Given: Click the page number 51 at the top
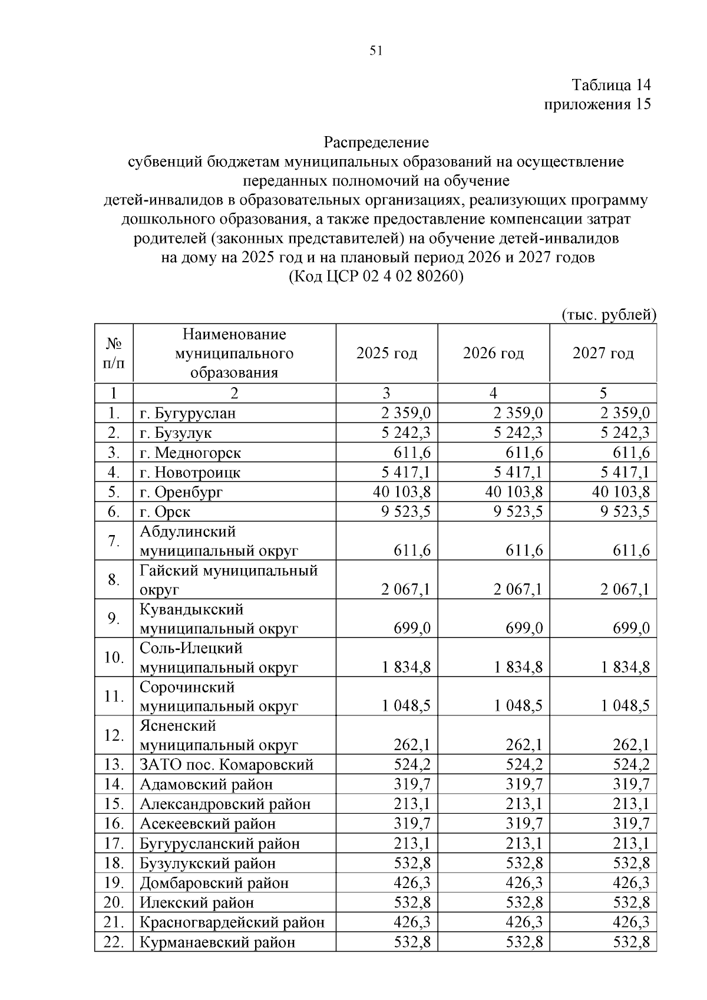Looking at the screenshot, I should [376, 51].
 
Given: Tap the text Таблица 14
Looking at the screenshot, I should [612, 85].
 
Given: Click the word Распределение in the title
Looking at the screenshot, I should [376, 142].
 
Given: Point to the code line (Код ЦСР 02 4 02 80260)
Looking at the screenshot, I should [376, 276].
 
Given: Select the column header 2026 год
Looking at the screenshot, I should [493, 353].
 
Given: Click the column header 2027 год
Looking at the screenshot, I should [603, 353].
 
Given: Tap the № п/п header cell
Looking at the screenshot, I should [114, 353].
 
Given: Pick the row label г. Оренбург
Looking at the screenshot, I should [181, 492].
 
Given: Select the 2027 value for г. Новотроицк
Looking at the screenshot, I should [625, 472].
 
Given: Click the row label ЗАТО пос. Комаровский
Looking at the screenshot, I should [226, 765].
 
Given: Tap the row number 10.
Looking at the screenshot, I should [113, 657].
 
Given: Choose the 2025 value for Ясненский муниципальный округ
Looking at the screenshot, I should [412, 745].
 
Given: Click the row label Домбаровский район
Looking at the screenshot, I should [214, 883].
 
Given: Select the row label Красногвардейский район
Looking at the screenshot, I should [232, 922].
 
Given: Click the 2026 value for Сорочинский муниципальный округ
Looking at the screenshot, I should [518, 706].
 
